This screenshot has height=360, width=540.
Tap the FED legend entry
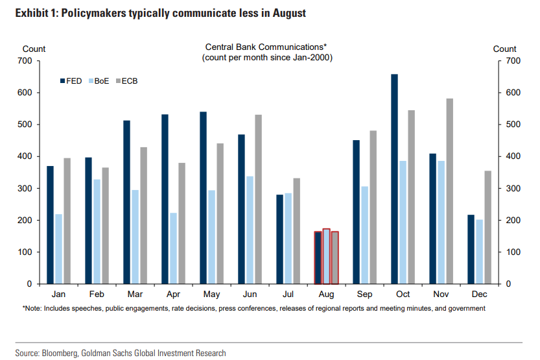tap(70, 81)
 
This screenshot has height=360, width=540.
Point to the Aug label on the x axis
tap(326, 294)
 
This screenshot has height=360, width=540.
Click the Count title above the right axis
tap(504, 49)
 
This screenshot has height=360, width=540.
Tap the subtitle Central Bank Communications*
tap(266, 47)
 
